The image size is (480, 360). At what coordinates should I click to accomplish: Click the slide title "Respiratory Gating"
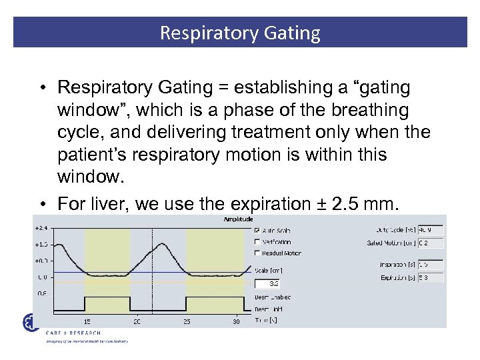pos(240,33)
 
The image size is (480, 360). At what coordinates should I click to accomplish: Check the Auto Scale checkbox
pos(257,231)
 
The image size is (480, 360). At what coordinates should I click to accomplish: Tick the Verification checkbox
pos(257,242)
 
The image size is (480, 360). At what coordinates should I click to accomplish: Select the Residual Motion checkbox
pos(257,253)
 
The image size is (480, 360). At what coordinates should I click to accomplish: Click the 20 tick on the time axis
pos(136,321)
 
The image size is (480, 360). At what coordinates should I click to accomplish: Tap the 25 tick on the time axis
pos(186,321)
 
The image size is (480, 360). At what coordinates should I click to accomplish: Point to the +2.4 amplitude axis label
pos(41,228)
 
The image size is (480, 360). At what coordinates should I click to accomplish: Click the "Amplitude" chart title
pos(239,219)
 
